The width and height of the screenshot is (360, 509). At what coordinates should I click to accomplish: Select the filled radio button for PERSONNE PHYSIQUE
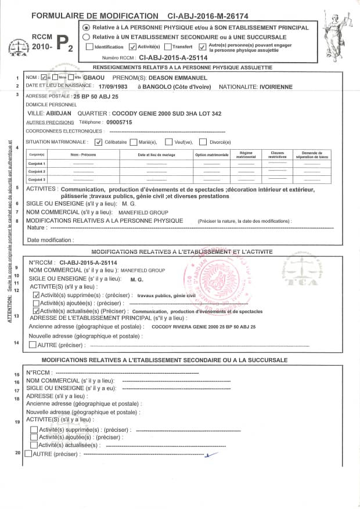coord(87,27)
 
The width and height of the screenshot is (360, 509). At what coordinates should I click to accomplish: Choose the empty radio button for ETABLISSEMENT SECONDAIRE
coord(87,36)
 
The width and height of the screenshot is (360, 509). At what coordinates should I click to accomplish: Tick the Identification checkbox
coord(89,46)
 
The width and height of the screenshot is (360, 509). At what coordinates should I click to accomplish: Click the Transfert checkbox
coord(168,46)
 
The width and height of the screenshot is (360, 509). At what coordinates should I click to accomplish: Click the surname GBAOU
coord(94,77)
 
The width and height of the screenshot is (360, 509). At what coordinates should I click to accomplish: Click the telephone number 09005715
coord(119,122)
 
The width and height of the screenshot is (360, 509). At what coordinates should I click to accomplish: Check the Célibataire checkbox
coord(98,142)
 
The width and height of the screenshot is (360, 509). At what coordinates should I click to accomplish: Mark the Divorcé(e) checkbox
coord(203,142)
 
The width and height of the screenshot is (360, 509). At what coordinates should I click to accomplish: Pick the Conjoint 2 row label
coord(37,172)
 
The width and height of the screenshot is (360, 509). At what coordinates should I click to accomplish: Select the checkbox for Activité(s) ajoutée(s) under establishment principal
coord(35,303)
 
